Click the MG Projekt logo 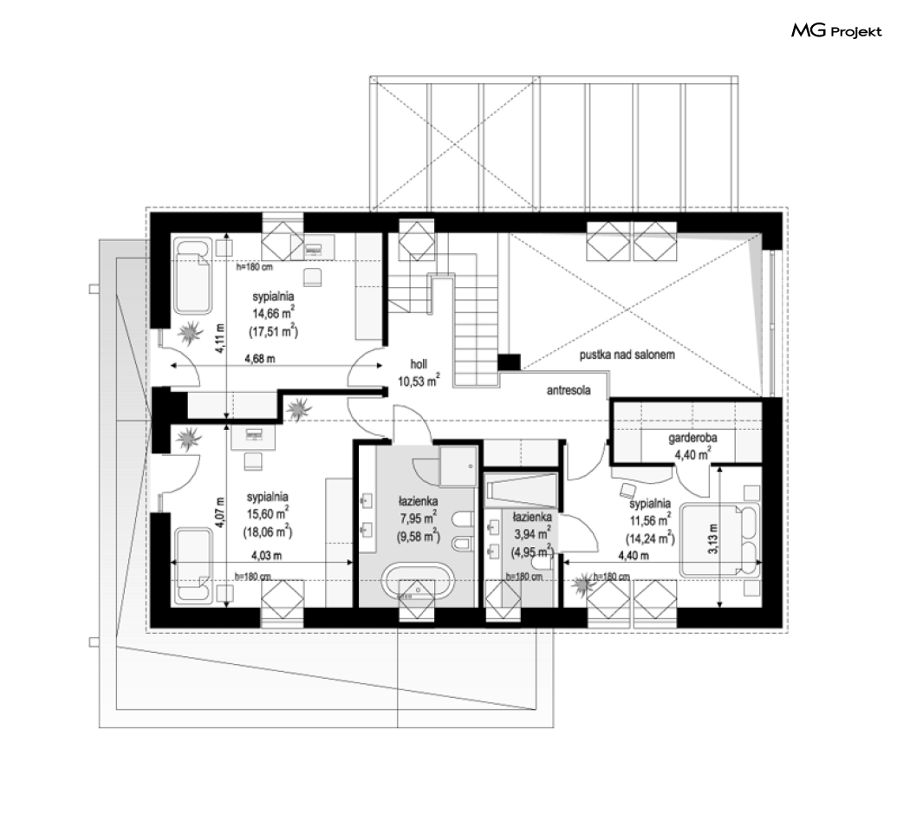[x=836, y=30]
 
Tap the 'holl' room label [x=419, y=364]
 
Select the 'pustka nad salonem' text [x=627, y=355]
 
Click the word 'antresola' [x=569, y=390]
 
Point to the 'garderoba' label [x=692, y=438]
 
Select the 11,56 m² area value [x=651, y=521]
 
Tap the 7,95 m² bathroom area [x=418, y=518]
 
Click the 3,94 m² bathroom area [x=531, y=534]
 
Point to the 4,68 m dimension [x=259, y=359]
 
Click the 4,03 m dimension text [x=266, y=556]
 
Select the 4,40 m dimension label [x=634, y=556]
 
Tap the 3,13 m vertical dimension [x=713, y=538]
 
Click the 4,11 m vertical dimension [x=220, y=338]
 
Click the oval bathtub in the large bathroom [x=417, y=583]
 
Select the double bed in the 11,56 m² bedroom [x=719, y=541]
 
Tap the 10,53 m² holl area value [x=419, y=381]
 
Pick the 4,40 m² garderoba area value [x=692, y=454]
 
